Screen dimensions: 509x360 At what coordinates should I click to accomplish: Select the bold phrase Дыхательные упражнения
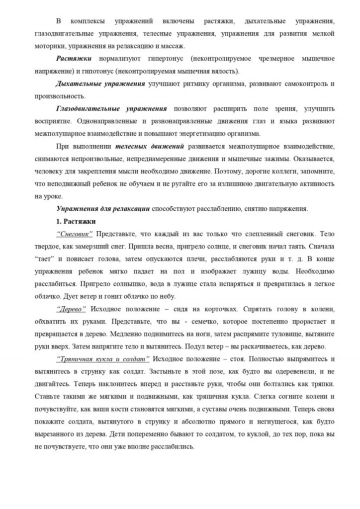click(100, 83)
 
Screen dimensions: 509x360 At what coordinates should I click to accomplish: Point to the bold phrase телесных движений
click(150, 147)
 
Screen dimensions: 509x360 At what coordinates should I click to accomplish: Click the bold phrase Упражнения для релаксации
click(103, 209)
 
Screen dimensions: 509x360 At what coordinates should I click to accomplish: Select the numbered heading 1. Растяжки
click(76, 221)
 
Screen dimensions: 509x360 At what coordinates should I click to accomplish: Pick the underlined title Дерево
click(72, 308)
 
